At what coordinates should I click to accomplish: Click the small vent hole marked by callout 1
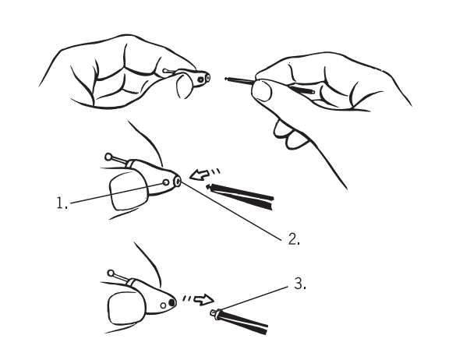pyautogui.click(x=165, y=182)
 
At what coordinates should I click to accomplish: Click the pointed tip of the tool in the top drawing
pyautogui.click(x=226, y=79)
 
